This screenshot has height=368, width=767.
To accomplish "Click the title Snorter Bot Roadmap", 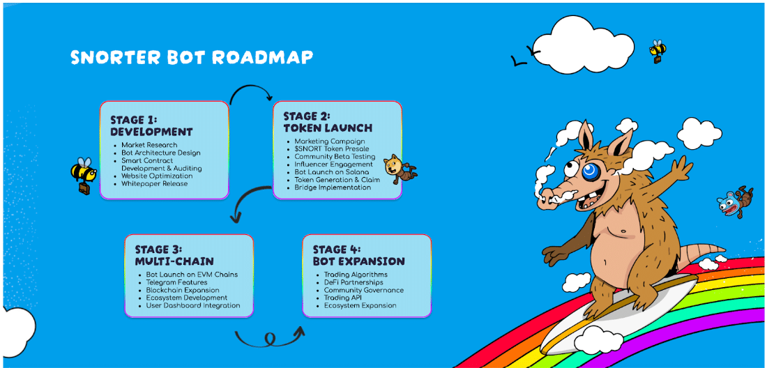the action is [x=192, y=57].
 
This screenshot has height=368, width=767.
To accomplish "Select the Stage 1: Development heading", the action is [x=151, y=126].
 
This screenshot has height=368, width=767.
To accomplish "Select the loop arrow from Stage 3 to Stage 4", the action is [x=268, y=337].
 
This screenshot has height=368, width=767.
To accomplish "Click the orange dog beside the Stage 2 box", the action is [x=399, y=169].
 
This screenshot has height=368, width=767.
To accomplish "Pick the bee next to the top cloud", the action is [x=658, y=52].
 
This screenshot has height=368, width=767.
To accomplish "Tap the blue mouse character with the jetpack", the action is [x=735, y=201].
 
